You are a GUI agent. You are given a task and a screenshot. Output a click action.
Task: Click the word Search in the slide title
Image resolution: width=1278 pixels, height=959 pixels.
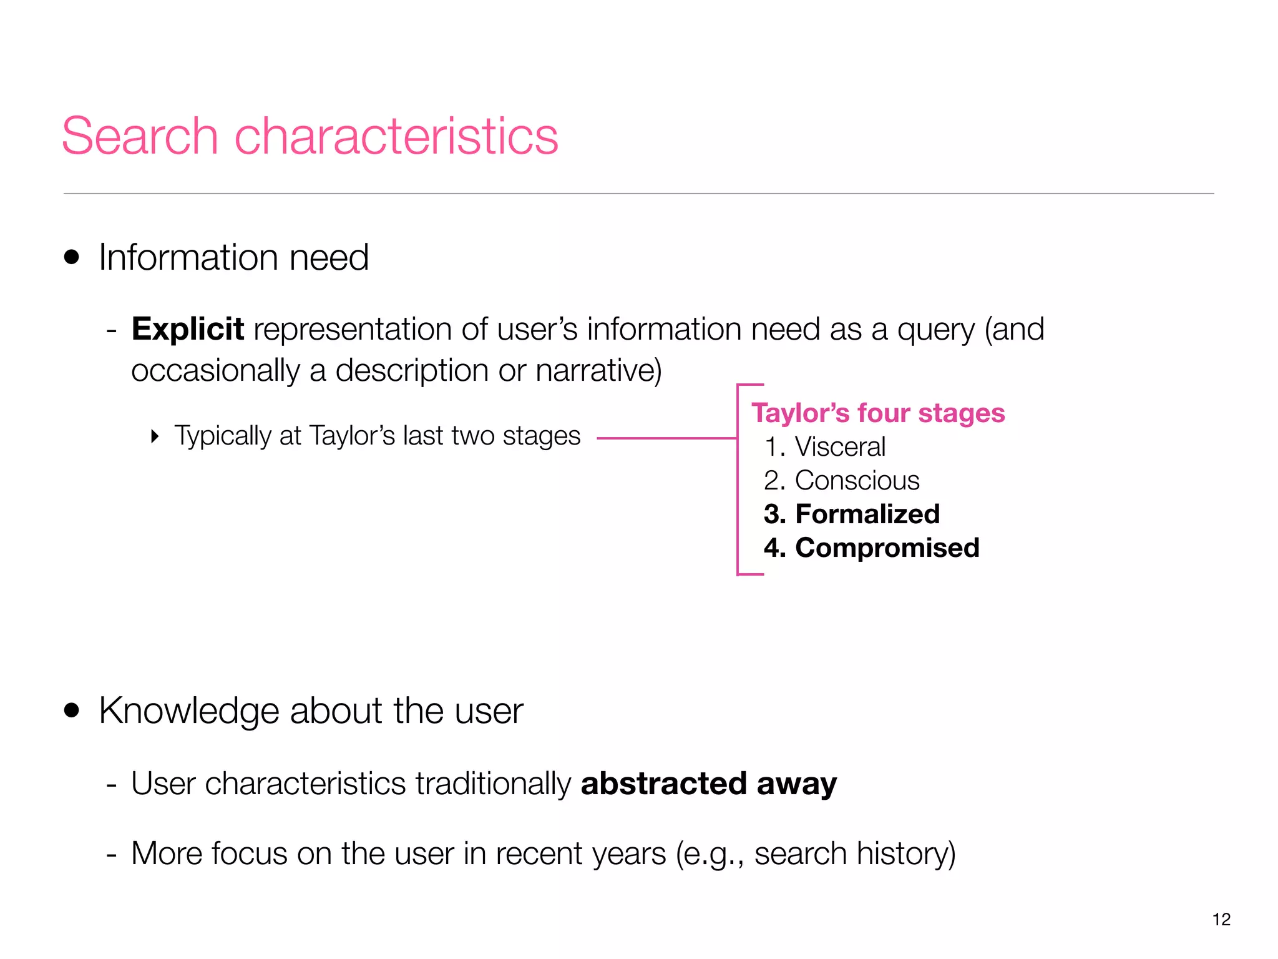[140, 136]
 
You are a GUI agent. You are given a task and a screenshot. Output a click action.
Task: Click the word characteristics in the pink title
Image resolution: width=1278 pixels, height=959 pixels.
[396, 136]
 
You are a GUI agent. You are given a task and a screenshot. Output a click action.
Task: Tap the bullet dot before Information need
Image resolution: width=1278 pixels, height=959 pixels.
[72, 257]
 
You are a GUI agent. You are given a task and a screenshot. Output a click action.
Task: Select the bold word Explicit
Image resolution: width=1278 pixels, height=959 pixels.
[187, 329]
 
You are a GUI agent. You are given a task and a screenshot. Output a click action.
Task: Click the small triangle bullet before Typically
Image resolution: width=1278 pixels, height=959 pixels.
[155, 436]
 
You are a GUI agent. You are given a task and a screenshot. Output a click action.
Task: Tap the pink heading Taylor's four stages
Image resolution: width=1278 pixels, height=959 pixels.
[877, 413]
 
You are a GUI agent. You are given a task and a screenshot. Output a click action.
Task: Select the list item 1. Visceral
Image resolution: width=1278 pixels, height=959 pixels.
[824, 447]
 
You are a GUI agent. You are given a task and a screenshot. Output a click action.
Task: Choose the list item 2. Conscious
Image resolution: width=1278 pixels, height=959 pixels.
[841, 481]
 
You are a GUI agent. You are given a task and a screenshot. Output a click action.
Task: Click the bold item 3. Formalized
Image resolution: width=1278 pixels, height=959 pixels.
[851, 514]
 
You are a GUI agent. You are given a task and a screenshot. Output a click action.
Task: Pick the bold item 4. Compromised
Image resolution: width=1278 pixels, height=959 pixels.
[871, 548]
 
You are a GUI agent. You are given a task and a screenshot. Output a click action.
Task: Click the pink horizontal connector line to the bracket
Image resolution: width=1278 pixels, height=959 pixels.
[666, 438]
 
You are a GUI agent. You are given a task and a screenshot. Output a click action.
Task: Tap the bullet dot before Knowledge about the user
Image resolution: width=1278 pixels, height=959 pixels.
[72, 711]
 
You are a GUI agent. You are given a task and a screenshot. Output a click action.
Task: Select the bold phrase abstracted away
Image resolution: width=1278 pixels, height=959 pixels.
[708, 784]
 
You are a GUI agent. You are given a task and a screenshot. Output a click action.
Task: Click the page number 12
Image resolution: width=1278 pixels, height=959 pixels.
[1221, 919]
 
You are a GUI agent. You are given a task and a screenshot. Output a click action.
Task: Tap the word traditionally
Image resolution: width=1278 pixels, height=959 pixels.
[493, 784]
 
